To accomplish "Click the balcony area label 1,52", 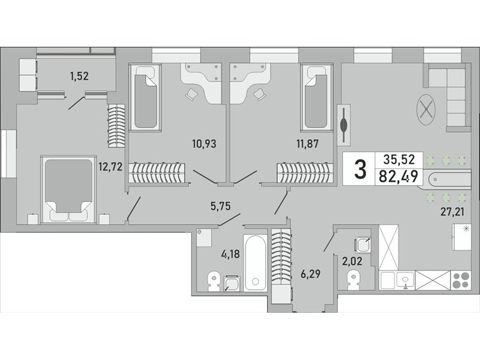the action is pyautogui.click(x=79, y=76).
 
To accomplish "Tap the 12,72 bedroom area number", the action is pyautogui.click(x=110, y=167).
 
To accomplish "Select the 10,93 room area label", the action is pyautogui.click(x=204, y=143).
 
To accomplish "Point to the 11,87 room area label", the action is pyautogui.click(x=307, y=143).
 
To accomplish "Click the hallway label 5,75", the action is pyautogui.click(x=220, y=206).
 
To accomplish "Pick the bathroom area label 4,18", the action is pyautogui.click(x=230, y=254).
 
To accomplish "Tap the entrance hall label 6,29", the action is pyautogui.click(x=310, y=274).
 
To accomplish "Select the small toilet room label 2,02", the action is pyautogui.click(x=352, y=262).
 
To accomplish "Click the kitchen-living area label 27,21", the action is pyautogui.click(x=452, y=212).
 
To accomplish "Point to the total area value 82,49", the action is pyautogui.click(x=398, y=176).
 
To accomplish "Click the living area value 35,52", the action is pyautogui.click(x=399, y=159).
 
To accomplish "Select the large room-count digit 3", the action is pyautogui.click(x=360, y=170).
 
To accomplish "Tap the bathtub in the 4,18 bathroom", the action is pyautogui.click(x=256, y=263).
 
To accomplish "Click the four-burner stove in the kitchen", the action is pyautogui.click(x=461, y=280).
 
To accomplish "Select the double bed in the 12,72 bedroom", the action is pyautogui.click(x=68, y=189).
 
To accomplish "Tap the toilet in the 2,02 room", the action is pyautogui.click(x=353, y=280).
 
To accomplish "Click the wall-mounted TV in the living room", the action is pyautogui.click(x=344, y=125).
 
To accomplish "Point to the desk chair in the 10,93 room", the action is pyautogui.click(x=191, y=94).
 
